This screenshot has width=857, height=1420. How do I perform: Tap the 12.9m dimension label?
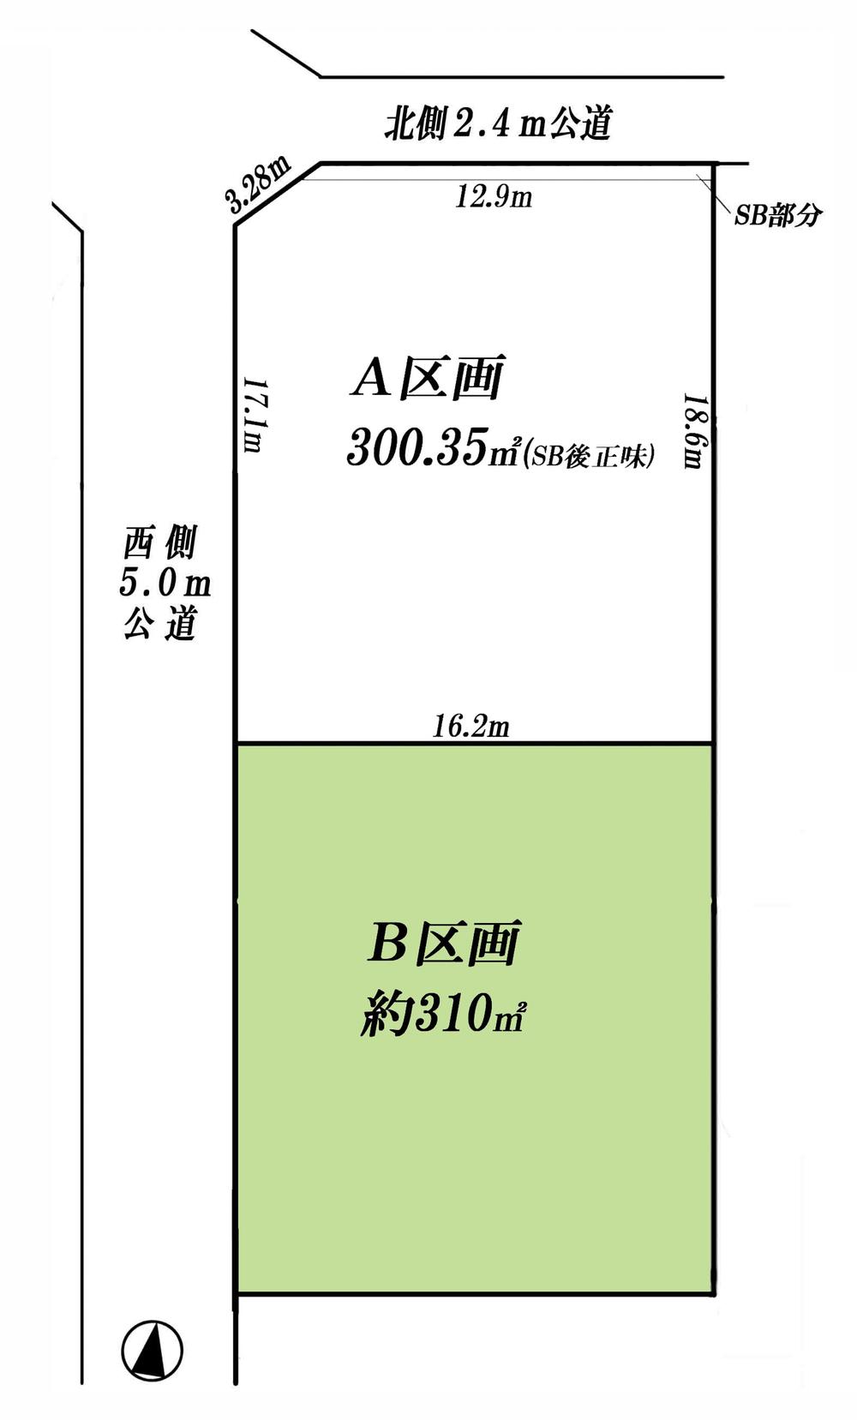493,198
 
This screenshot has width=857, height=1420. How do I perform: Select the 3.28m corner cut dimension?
258,185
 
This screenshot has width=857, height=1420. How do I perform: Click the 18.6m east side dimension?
693,431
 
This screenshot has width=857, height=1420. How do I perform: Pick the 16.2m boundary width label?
470,727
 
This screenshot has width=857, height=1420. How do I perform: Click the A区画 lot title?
427,378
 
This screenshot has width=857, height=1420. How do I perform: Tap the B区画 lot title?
443,944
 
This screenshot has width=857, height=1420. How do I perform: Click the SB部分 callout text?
777,216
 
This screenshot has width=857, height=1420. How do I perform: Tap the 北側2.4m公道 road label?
497,125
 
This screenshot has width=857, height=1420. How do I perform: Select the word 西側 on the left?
160,543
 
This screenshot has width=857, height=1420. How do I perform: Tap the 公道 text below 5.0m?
160,623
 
